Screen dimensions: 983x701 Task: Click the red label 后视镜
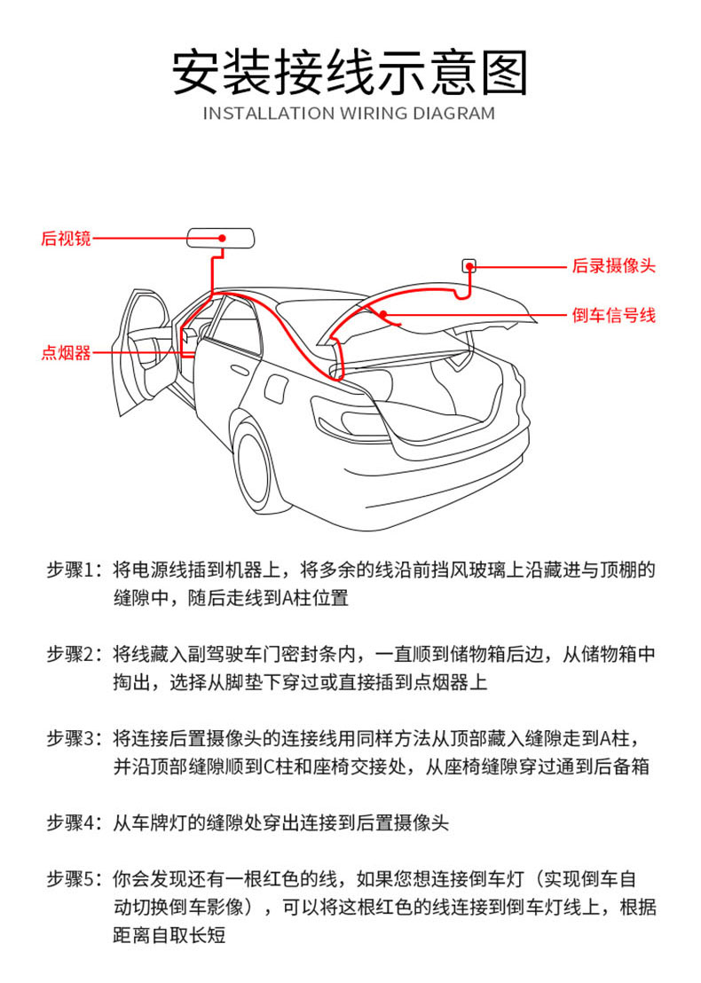[x=66, y=238]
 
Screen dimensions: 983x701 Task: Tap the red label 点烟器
[x=66, y=352]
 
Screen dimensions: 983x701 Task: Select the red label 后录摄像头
[x=614, y=265]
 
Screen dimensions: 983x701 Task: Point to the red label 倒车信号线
[x=614, y=315]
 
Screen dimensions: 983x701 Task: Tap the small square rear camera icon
[x=469, y=264]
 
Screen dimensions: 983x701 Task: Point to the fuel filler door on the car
[x=276, y=388]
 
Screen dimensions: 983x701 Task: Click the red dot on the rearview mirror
[x=222, y=238]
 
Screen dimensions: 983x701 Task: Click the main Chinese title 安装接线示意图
[x=350, y=72]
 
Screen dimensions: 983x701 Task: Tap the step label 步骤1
[x=75, y=569]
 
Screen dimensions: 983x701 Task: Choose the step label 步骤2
[x=75, y=654]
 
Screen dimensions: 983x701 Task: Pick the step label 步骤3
[x=75, y=738]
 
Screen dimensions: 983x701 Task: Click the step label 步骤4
[x=75, y=822]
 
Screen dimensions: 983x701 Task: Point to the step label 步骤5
[x=75, y=879]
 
